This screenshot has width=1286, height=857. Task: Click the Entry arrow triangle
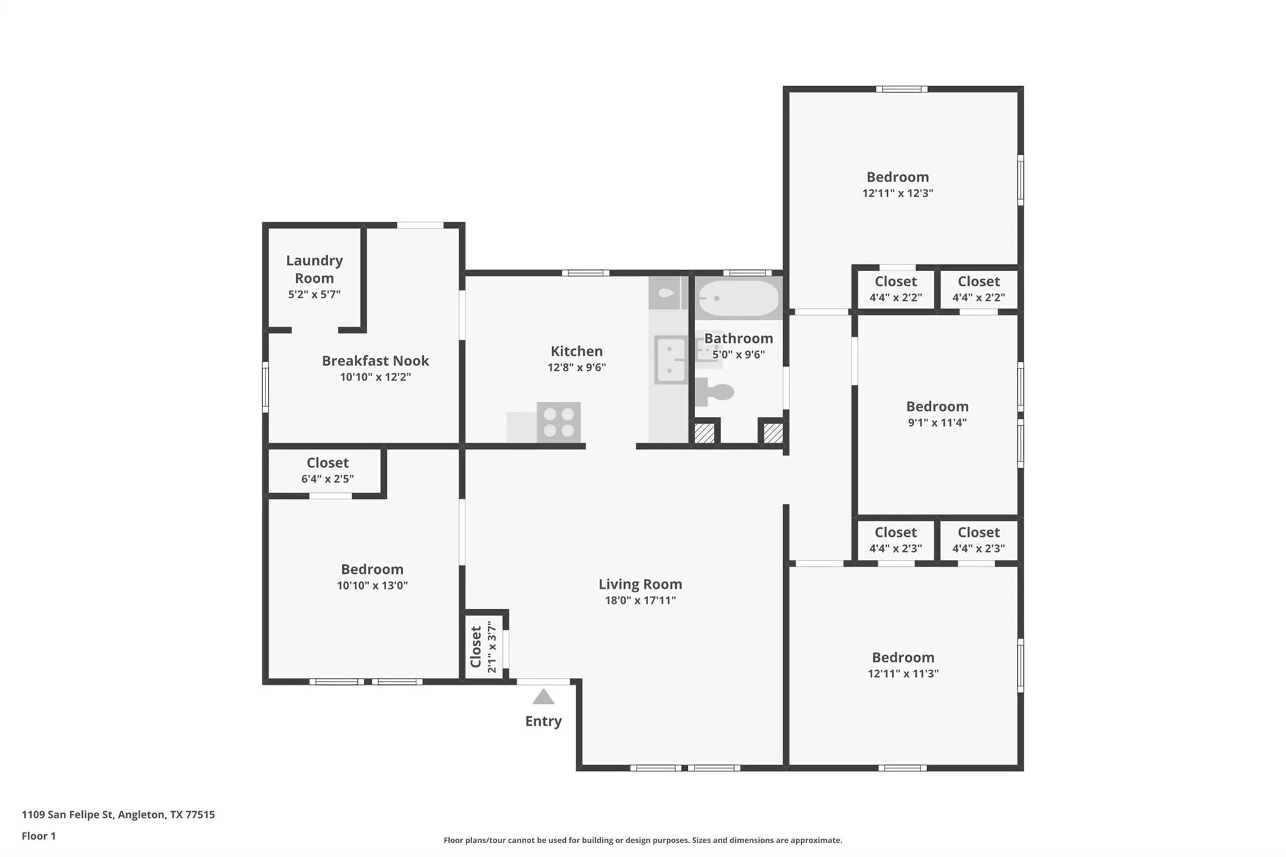(543, 697)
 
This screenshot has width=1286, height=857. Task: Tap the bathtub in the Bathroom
(738, 298)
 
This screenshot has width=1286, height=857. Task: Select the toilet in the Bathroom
(715, 392)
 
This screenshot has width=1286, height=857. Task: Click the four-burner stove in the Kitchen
(559, 422)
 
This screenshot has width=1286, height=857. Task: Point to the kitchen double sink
(671, 360)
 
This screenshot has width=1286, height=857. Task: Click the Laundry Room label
(315, 269)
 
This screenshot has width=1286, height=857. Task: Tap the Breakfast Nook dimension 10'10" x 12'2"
(376, 377)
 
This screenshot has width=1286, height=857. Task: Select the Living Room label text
(640, 584)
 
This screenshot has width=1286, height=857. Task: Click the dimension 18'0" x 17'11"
(640, 600)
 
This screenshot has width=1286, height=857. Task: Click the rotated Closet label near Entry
(476, 646)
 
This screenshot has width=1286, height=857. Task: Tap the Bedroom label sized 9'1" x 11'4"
(937, 406)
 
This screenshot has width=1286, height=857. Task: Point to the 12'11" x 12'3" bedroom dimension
(897, 193)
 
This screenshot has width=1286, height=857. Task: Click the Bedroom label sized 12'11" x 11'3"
(903, 657)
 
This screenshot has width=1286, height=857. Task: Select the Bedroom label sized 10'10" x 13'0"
(372, 569)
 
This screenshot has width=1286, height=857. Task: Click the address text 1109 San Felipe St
(67, 814)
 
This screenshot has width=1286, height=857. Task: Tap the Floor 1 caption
(38, 836)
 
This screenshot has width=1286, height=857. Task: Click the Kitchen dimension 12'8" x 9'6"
(576, 367)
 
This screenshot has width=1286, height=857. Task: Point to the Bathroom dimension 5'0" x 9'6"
(738, 354)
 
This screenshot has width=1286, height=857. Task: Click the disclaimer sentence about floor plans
(642, 840)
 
